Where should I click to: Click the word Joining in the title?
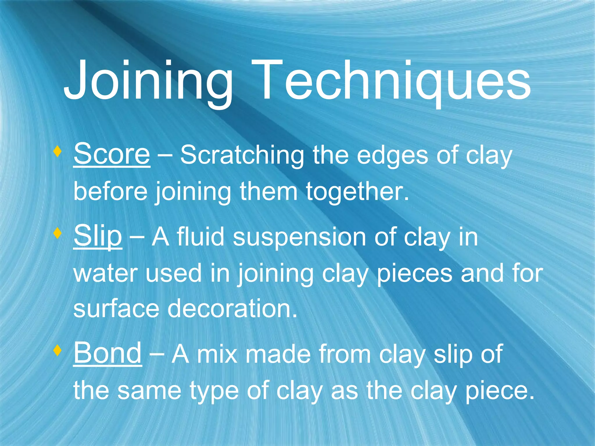coord(148,81)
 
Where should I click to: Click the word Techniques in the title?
coord(392,81)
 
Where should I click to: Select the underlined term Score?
coord(112,154)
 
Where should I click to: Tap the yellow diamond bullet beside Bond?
coord(58,350)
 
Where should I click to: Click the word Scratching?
coord(242,156)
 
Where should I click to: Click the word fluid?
coord(200,237)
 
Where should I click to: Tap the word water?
coord(105,274)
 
